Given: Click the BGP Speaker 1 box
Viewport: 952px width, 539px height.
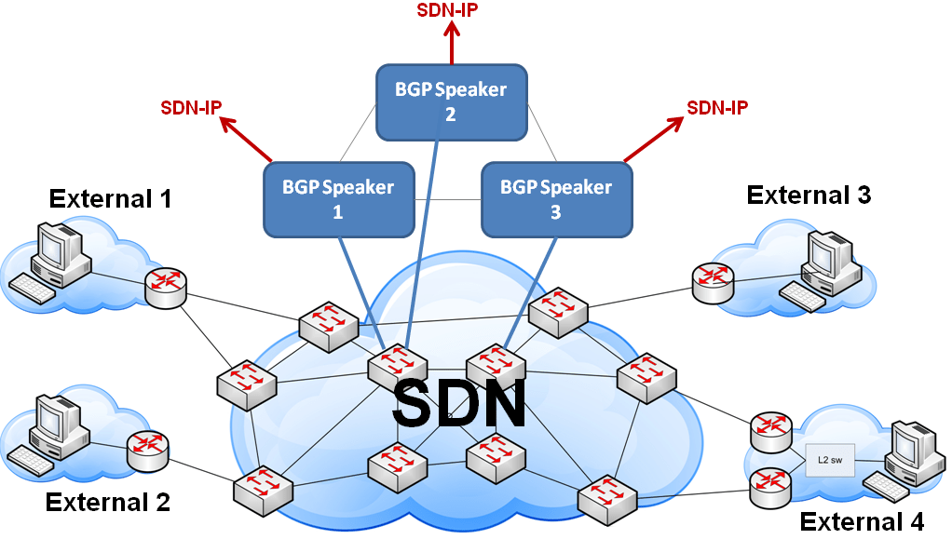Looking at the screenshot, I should (338, 198).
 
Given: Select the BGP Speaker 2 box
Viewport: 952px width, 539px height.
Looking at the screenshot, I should (451, 101).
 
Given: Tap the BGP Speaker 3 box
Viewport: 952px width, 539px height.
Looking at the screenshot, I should (556, 198).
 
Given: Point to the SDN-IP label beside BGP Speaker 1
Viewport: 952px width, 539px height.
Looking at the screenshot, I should (190, 107).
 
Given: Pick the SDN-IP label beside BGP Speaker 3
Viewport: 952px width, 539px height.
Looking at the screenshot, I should (717, 107).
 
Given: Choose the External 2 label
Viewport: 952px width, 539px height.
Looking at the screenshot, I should (107, 503).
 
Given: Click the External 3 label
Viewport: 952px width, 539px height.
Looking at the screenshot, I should (809, 195).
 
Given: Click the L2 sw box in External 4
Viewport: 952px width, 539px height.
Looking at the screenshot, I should (829, 460).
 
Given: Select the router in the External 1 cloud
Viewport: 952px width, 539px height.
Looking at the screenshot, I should (166, 286).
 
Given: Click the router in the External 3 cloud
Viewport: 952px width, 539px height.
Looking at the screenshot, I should (713, 281).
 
